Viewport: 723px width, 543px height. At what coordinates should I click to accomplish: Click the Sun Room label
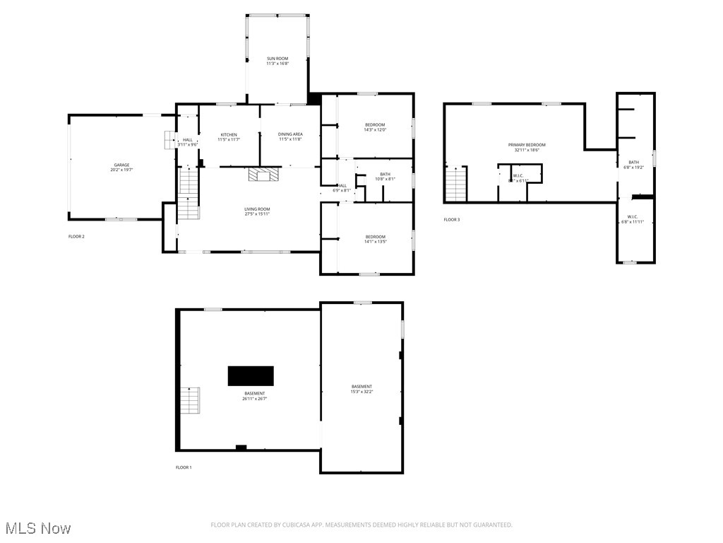point(277,61)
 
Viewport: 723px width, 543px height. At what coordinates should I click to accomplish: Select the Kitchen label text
point(229,136)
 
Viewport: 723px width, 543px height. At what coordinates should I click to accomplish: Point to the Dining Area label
point(290,136)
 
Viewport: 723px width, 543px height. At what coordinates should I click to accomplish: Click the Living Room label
point(257,211)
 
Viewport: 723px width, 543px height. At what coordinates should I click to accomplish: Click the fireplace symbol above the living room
point(263,174)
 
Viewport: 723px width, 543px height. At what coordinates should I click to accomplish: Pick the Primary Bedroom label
point(527,147)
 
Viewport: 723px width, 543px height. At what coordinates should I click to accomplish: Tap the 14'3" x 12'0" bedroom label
point(375,127)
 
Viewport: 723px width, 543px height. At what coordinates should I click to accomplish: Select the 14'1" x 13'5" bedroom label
point(375,239)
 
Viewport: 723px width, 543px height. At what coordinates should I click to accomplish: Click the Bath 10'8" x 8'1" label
point(385,177)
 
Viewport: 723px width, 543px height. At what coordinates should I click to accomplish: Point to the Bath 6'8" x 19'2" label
point(633,165)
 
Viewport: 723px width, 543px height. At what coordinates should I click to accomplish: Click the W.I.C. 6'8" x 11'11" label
point(632,219)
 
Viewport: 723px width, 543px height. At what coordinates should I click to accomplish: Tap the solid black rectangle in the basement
point(251,375)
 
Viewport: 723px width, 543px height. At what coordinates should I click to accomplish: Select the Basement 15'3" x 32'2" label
point(361,389)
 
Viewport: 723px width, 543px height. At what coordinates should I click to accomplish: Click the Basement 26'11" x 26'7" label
point(255,396)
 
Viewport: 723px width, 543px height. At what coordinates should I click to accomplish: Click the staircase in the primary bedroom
point(457,184)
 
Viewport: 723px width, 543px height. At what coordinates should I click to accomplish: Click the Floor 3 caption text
point(451,220)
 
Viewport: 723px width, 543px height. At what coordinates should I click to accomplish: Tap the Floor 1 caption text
point(184,467)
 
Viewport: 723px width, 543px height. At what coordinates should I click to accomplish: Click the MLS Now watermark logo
point(37,528)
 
